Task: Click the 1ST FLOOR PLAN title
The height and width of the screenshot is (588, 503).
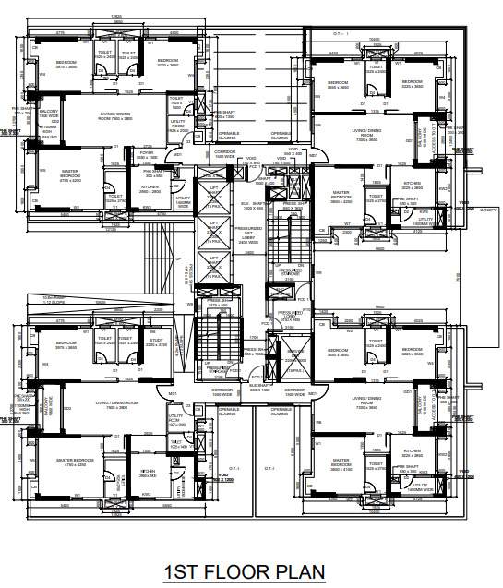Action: pyautogui.click(x=244, y=572)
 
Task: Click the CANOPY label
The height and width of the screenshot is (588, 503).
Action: pyautogui.click(x=488, y=210)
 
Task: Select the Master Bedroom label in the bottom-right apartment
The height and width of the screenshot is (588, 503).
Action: pyautogui.click(x=341, y=462)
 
